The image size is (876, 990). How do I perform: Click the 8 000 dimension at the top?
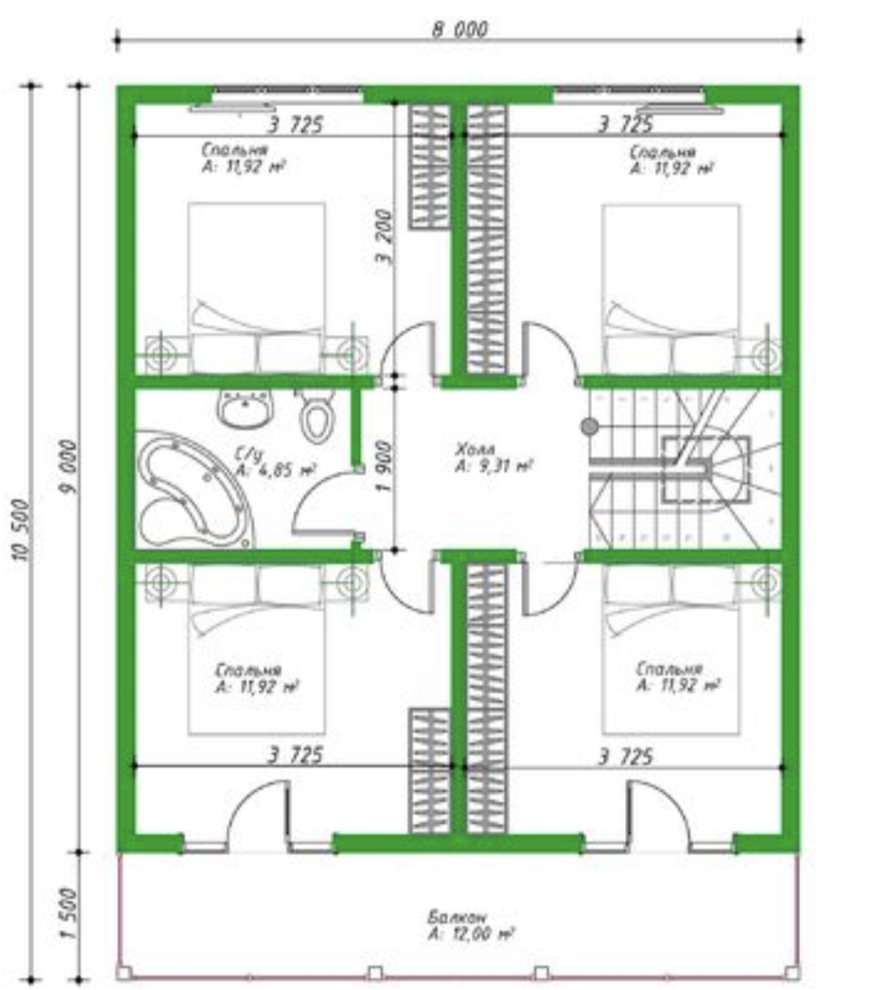tap(460, 29)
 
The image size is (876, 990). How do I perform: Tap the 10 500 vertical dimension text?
tap(21, 529)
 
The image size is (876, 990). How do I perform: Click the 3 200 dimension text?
tap(384, 237)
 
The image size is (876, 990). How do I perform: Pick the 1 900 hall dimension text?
tap(384, 466)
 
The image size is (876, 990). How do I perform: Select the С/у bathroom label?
tap(248, 453)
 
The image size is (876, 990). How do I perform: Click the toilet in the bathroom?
tap(316, 415)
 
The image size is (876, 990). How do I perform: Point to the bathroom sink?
tap(246, 407)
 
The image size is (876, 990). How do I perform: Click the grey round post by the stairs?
tap(589, 427)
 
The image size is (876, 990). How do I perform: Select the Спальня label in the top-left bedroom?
tap(235, 149)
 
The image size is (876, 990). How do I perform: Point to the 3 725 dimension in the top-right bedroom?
tap(625, 124)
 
